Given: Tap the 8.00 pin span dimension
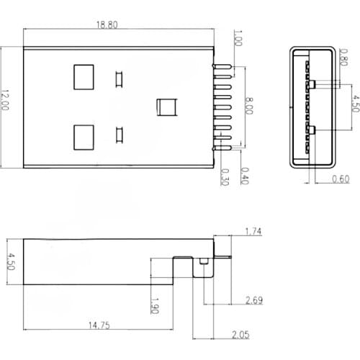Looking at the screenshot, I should point(250,107).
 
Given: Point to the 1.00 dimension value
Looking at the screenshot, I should point(238,38).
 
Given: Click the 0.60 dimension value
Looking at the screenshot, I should point(341,179).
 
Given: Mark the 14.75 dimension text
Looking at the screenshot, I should point(99,325).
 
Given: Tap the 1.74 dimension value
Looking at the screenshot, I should point(253,231).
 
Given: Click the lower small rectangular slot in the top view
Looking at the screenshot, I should point(119,134).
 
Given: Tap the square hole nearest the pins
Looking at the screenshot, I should point(167,107).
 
